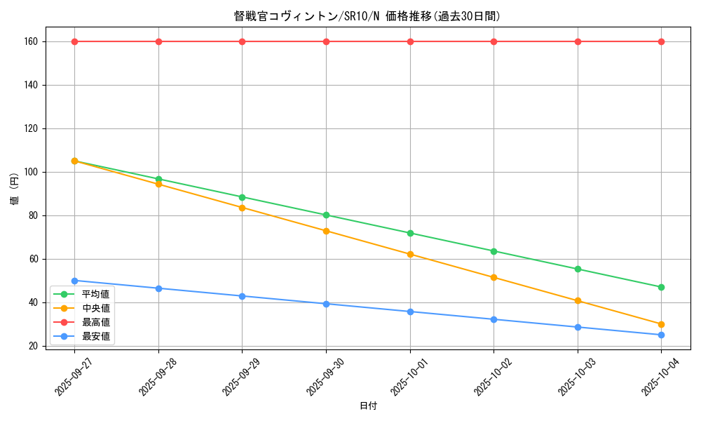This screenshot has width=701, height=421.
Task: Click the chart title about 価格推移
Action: (367, 16)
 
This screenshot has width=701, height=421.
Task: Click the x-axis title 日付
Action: (368, 406)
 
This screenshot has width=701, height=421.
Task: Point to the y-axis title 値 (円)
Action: (15, 189)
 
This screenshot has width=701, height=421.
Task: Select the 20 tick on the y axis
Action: (32, 346)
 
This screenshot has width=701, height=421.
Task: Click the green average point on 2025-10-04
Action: (661, 287)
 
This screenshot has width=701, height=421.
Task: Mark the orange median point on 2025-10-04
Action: (661, 324)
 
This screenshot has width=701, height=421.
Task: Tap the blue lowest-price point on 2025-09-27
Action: (74, 281)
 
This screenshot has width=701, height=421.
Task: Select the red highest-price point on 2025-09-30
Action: (326, 41)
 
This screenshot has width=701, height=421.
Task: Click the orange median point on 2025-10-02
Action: (494, 277)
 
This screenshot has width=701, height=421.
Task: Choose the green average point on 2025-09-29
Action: (242, 197)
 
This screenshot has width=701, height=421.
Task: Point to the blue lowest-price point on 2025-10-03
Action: (578, 327)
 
